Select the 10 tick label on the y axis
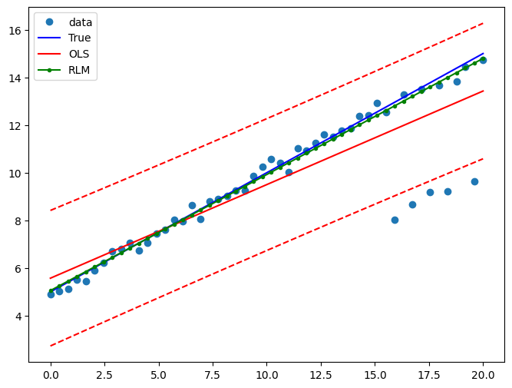(18, 174)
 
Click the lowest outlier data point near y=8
(395, 220)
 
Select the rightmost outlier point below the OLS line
(474, 181)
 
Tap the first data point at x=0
(51, 294)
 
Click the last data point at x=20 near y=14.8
(483, 60)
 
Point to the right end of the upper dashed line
(483, 23)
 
